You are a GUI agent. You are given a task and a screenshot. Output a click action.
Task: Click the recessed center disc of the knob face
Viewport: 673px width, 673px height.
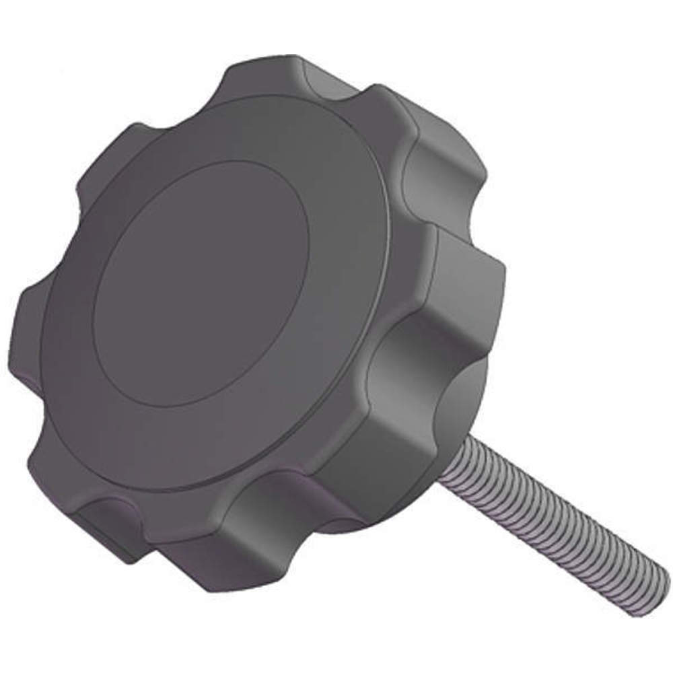pyautogui.click(x=202, y=283)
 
